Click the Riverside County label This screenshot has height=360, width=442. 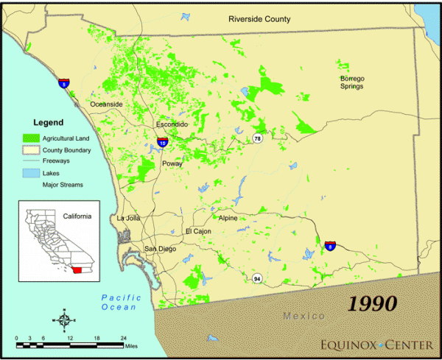(x=259, y=19)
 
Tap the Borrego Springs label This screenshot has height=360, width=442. (x=352, y=82)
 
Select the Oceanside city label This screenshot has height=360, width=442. (x=106, y=105)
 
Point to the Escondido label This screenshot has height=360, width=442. (x=172, y=125)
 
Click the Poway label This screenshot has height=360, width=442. (x=172, y=164)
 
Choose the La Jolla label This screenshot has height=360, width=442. (x=128, y=218)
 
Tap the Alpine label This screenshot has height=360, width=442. (x=228, y=218)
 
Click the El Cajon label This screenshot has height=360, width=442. (x=198, y=231)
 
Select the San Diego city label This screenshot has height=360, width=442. (x=161, y=249)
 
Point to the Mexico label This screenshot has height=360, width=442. (x=304, y=316)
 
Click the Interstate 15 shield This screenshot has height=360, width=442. (x=161, y=140)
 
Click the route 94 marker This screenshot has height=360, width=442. (x=256, y=278)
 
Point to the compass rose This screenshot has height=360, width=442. (x=63, y=320)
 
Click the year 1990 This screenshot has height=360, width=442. (x=372, y=303)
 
